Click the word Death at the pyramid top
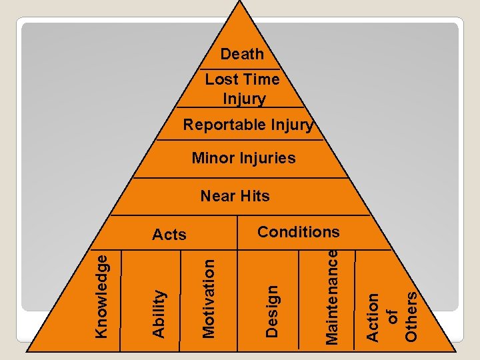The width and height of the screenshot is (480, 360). pyautogui.click(x=242, y=54)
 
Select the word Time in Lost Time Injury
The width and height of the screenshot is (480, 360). pyautogui.click(x=262, y=79)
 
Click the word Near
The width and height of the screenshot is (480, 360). pyautogui.click(x=218, y=196)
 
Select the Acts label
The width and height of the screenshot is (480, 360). pyautogui.click(x=169, y=235)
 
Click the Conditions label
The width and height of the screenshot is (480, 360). pyautogui.click(x=298, y=232)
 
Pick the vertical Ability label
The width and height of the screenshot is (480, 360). pyautogui.click(x=159, y=313)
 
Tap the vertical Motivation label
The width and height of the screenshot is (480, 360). pyautogui.click(x=208, y=298)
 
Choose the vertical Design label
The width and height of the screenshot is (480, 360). pyautogui.click(x=271, y=310)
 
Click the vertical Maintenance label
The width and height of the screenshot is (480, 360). pyautogui.click(x=331, y=296)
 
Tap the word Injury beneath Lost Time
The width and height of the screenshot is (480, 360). pyautogui.click(x=244, y=99)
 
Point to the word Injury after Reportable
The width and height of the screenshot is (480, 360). pyautogui.click(x=292, y=125)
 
